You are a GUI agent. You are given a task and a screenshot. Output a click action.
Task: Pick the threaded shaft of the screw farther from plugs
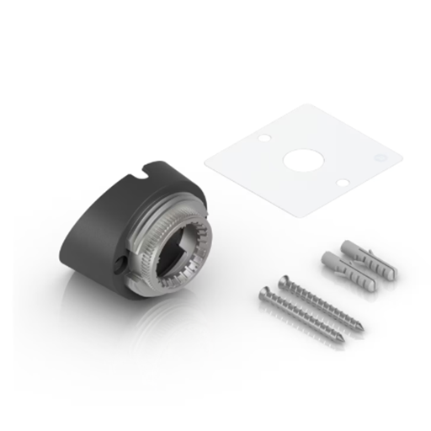(305, 318)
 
